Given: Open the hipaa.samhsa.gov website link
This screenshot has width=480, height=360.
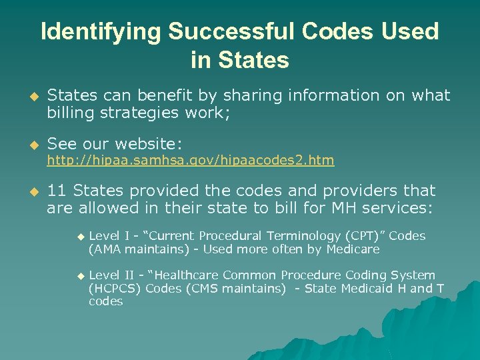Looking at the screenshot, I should pos(190,161).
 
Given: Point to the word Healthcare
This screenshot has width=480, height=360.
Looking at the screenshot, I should pos(185,275).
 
